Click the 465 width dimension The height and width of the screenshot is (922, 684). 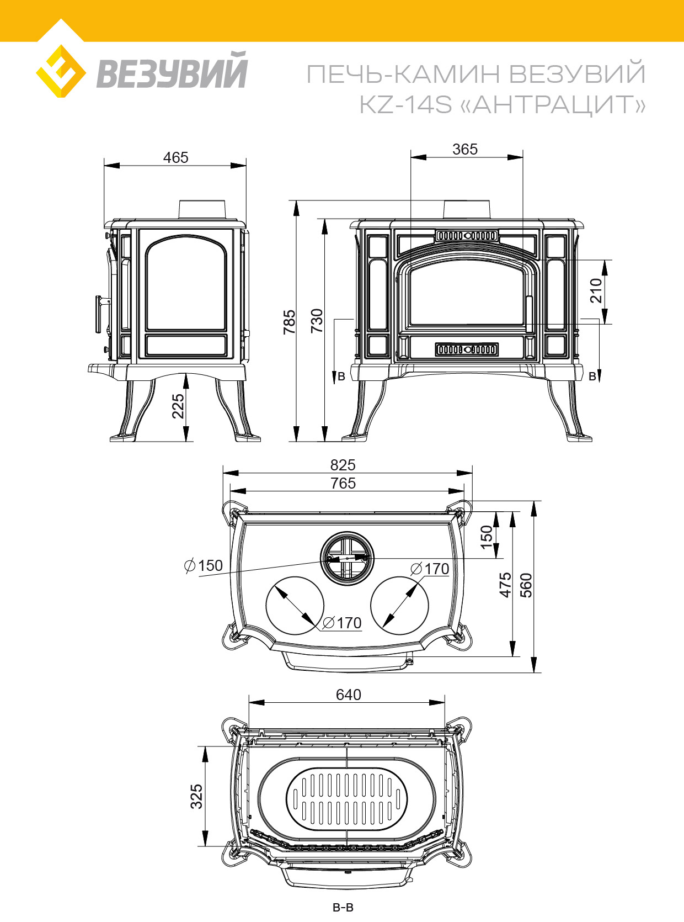point(175,157)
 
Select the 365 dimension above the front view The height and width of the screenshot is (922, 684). point(465,149)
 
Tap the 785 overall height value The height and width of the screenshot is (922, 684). point(289,321)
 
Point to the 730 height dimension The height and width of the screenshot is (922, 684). point(317,320)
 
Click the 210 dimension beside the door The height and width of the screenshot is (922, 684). point(596,290)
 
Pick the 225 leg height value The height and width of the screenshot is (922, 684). point(178,406)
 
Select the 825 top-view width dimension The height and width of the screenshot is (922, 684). point(343,465)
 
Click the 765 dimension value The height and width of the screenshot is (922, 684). point(343,483)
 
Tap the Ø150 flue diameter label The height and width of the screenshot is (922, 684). point(204,566)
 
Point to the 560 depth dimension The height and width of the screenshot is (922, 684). point(526,585)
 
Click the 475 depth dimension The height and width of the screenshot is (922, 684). point(505,585)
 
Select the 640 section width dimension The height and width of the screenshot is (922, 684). point(349,695)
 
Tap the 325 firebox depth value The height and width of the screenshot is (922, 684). point(196,797)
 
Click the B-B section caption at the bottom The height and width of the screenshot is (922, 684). point(343,907)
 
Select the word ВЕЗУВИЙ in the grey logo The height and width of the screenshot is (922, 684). point(172,71)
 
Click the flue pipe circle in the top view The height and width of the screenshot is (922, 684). point(347,558)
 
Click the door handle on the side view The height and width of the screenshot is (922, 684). point(99,314)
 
